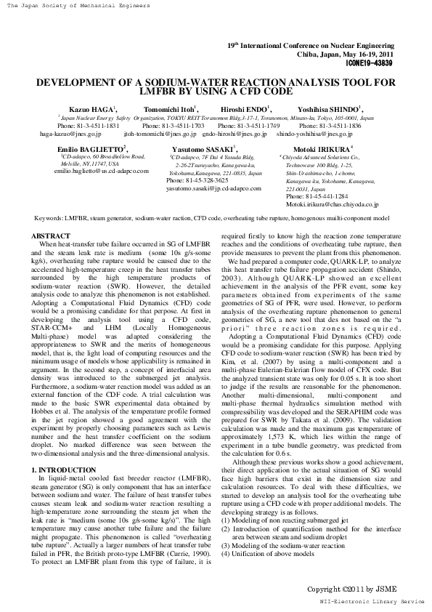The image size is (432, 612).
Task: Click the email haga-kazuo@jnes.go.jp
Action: pos(70,134)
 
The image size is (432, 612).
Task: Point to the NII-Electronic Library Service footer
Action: pos(371,603)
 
